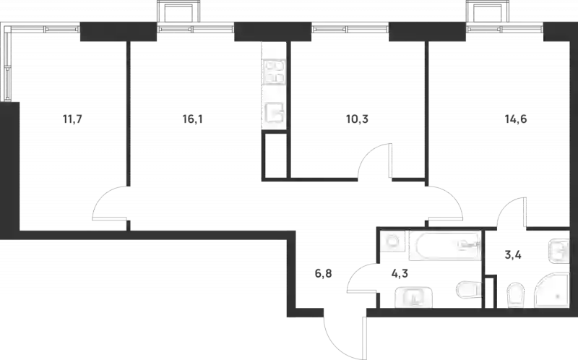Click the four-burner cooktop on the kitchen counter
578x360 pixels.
pyautogui.click(x=274, y=72)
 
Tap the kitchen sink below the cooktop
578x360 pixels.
pyautogui.click(x=274, y=115)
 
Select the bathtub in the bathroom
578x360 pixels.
pyautogui.click(x=444, y=247)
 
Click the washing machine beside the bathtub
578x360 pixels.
pyautogui.click(x=392, y=244)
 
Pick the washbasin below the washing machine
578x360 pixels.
pyautogui.click(x=413, y=296)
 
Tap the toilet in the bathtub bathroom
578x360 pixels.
pyautogui.click(x=467, y=291)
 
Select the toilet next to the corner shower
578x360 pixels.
pyautogui.click(x=514, y=294)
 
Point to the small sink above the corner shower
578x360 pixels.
pyautogui.click(x=558, y=250)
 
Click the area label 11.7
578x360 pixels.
pyautogui.click(x=71, y=121)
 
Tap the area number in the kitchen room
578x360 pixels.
pyautogui.click(x=191, y=121)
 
